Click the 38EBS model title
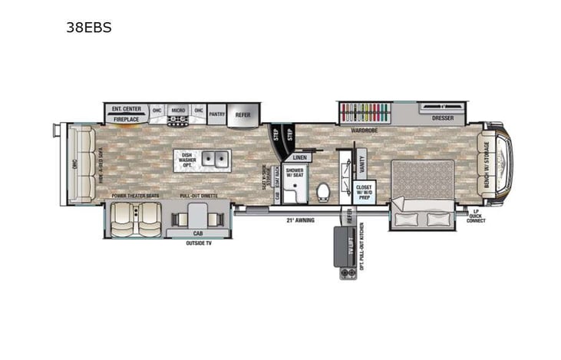[x=90, y=28]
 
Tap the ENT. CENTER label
[x=127, y=109]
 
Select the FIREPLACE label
[x=127, y=120]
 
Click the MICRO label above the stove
[x=178, y=110]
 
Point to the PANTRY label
[x=217, y=114]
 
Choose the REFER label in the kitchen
[x=243, y=114]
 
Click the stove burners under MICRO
[x=178, y=121]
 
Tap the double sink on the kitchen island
[x=214, y=160]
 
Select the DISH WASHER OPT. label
[x=186, y=160]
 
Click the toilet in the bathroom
[x=323, y=190]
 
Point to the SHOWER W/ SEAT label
[x=295, y=173]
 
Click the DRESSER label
[x=442, y=118]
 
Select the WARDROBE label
[x=365, y=130]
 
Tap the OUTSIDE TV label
[x=200, y=243]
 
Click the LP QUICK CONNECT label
[x=475, y=216]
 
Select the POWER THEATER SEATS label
[x=135, y=196]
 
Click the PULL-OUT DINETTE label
[x=198, y=196]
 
